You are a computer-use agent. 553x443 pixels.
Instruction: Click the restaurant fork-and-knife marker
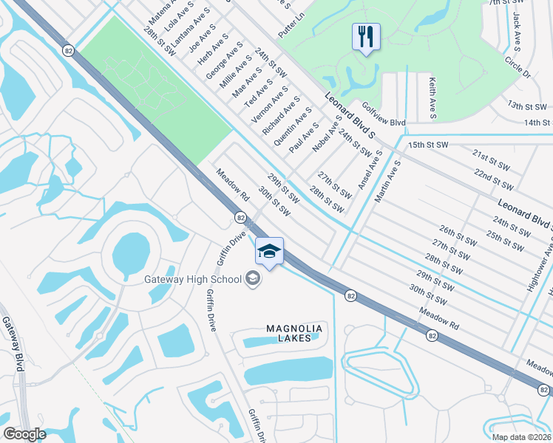click(x=365, y=36)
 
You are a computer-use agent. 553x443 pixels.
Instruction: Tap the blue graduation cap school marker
click(x=269, y=252)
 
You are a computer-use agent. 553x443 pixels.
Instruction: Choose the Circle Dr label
click(x=518, y=65)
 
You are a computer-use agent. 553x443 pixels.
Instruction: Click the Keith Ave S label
click(x=432, y=100)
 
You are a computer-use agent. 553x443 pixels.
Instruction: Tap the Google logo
click(x=24, y=434)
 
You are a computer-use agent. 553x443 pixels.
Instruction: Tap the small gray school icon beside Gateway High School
click(x=253, y=278)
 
